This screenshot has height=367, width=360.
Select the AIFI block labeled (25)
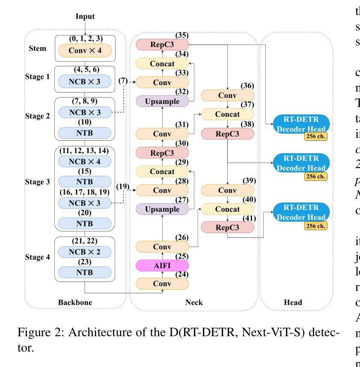[x=162, y=265]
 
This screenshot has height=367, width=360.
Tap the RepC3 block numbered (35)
[x=162, y=44]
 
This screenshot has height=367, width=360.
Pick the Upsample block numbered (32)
[x=162, y=101]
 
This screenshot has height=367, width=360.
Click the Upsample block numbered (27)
[x=162, y=209]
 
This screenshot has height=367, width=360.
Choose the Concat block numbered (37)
[x=227, y=114]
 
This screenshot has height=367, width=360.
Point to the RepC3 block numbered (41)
[x=227, y=227]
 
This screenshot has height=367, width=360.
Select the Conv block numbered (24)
[x=162, y=283]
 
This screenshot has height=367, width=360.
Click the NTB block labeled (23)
[x=85, y=272]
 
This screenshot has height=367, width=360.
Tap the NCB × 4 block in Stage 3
[x=85, y=161]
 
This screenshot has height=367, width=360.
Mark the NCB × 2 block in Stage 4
[x=85, y=252]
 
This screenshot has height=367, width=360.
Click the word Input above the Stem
[x=85, y=17]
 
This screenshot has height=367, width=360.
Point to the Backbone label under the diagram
[x=75, y=302]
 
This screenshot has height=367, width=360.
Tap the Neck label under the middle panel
[x=194, y=302]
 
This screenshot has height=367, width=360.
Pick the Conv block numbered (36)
[x=227, y=95]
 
